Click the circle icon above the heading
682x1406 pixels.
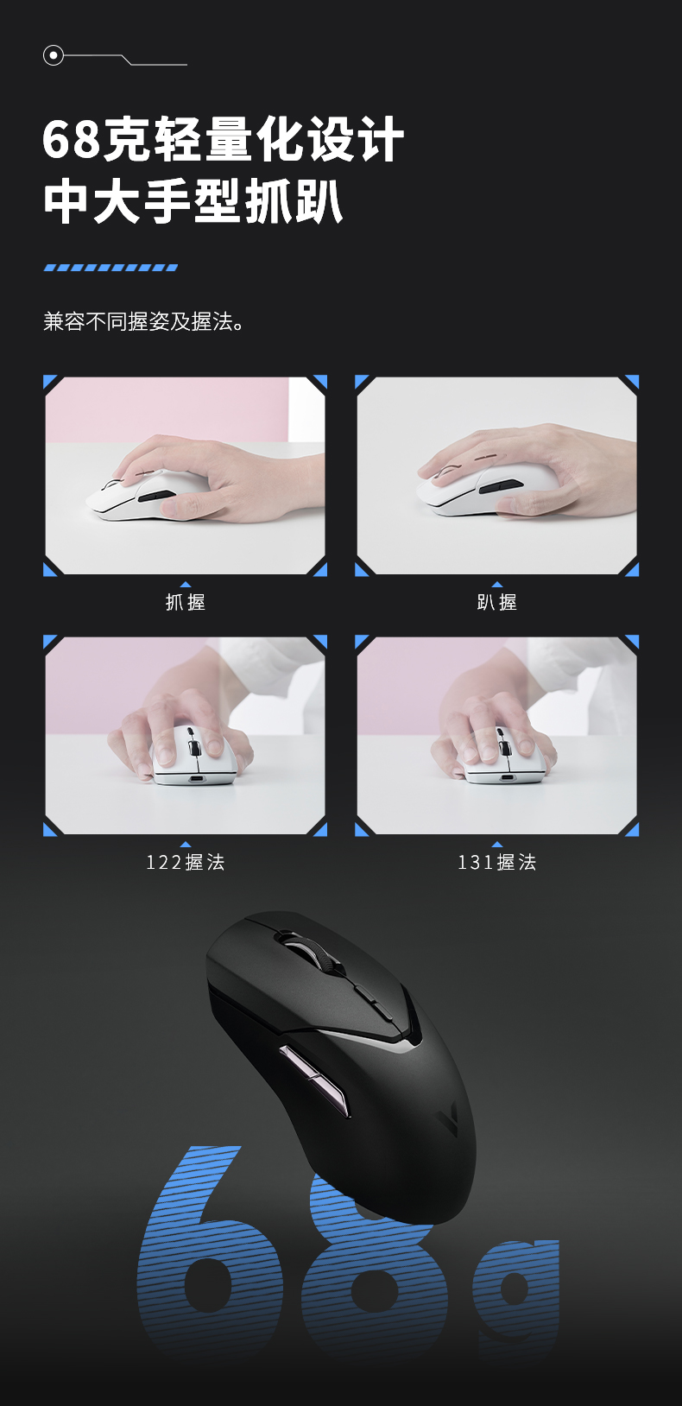pyautogui.click(x=54, y=56)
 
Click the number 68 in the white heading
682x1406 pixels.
pyautogui.click(x=71, y=140)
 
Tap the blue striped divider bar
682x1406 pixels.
pyautogui.click(x=111, y=268)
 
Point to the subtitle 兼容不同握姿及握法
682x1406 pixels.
pyautogui.click(x=143, y=321)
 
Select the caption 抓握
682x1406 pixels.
pyautogui.click(x=185, y=602)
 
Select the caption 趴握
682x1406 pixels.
pyautogui.click(x=497, y=602)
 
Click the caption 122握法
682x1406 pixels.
pyautogui.click(x=185, y=862)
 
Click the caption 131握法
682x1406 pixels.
pyautogui.click(x=497, y=862)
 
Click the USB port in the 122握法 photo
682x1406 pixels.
pyautogui.click(x=197, y=779)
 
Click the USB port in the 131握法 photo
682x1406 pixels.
pyautogui.click(x=506, y=777)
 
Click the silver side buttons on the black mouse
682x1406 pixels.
pyautogui.click(x=314, y=1080)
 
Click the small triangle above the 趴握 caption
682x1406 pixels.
pyautogui.click(x=497, y=585)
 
